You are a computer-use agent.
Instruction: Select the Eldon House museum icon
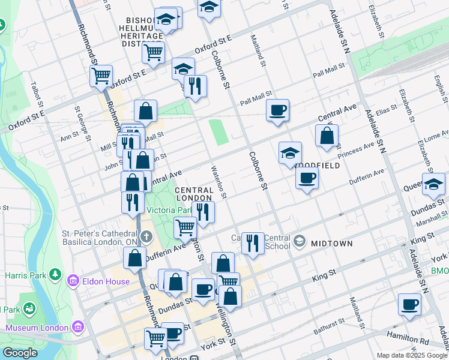tap(73, 281)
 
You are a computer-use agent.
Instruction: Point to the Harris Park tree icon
tap(55, 274)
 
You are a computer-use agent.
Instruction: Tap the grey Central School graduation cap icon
tap(299, 242)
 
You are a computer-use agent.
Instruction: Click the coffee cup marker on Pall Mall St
tap(277, 110)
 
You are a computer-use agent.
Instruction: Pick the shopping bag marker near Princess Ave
tap(327, 136)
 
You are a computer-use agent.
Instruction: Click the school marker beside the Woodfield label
tap(290, 153)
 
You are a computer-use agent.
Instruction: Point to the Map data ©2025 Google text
tap(411, 355)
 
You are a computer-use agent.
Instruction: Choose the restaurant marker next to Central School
tap(253, 242)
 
